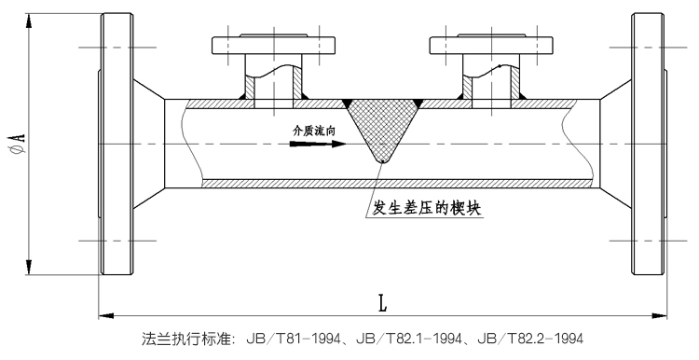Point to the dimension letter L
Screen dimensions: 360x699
[x=383, y=303]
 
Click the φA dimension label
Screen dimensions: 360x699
[x=18, y=144]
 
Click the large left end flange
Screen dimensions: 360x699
[x=116, y=145]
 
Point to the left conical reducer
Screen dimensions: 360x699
[x=150, y=145]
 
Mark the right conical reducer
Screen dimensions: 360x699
[x=615, y=145]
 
